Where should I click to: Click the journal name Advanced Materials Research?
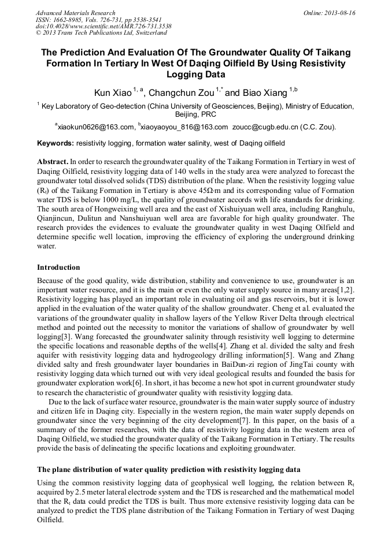[75, 12]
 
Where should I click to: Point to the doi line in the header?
[103, 27]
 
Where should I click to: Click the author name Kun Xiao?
[113, 92]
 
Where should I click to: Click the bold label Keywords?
[56, 143]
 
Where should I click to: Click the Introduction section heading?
[58, 267]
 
